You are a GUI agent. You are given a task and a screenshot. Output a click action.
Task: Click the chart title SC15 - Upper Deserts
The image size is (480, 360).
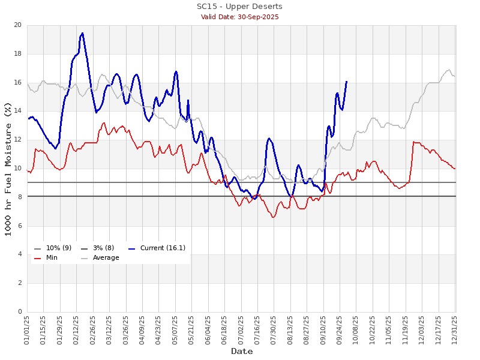click(x=239, y=7)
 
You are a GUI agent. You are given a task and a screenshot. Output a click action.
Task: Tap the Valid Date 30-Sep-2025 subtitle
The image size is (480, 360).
click(x=239, y=17)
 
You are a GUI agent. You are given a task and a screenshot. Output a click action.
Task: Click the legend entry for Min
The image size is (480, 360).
click(x=52, y=258)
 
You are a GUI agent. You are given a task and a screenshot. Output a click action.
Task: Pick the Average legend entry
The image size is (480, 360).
click(x=106, y=258)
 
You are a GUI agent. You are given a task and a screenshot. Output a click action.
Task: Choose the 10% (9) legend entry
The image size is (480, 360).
click(x=59, y=248)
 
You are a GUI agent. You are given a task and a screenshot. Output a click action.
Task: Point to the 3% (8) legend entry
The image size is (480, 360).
click(x=101, y=248)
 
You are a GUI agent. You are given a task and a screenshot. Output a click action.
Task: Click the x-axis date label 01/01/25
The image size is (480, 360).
click(x=27, y=329)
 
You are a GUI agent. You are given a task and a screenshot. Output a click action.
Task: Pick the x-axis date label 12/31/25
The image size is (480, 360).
click(x=455, y=329)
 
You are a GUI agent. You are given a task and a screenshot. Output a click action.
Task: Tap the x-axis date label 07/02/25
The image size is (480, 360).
click(x=241, y=329)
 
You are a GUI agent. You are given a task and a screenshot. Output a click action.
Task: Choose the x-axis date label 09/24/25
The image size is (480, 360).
click(x=340, y=329)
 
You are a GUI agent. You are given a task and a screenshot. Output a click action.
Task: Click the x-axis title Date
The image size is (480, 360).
click(x=242, y=351)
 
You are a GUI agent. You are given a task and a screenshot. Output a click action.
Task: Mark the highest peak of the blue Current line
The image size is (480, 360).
click(x=82, y=33)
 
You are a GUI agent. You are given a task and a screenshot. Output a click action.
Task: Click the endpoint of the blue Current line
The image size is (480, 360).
click(x=346, y=81)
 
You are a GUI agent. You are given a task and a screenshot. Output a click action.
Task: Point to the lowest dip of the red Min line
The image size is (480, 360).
click(x=273, y=217)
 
